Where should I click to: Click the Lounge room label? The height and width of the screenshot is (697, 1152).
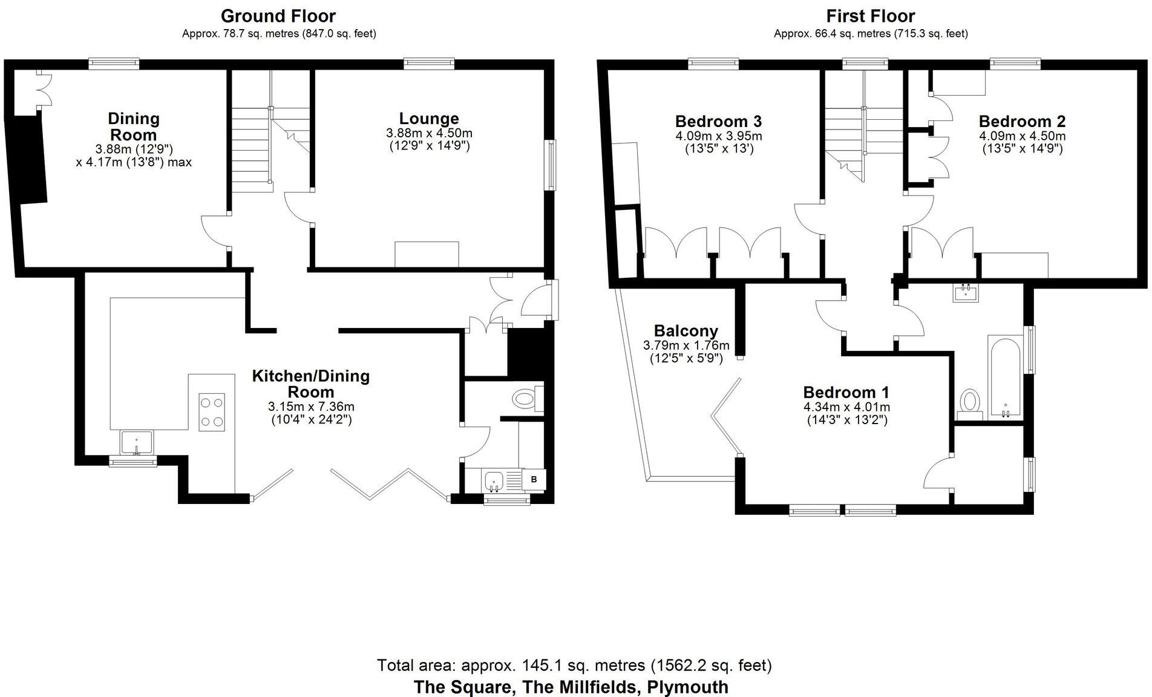pyautogui.click(x=428, y=119)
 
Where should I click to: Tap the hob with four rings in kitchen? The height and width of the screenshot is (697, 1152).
pyautogui.click(x=212, y=412)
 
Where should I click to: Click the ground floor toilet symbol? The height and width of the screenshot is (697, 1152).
pyautogui.click(x=525, y=399)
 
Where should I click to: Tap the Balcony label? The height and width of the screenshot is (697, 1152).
pyautogui.click(x=686, y=331)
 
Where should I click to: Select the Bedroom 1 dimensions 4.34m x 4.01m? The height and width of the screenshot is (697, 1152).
pyautogui.click(x=846, y=407)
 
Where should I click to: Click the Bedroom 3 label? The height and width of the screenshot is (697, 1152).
pyautogui.click(x=718, y=121)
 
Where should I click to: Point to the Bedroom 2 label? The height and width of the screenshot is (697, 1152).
pyautogui.click(x=1022, y=121)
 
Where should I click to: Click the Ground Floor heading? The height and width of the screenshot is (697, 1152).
pyautogui.click(x=278, y=16)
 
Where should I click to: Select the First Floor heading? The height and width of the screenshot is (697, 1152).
pyautogui.click(x=871, y=16)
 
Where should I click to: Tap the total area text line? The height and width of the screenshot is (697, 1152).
pyautogui.click(x=574, y=666)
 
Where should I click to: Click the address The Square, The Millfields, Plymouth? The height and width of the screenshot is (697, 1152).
pyautogui.click(x=571, y=687)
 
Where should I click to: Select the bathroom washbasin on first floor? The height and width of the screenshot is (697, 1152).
pyautogui.click(x=966, y=293)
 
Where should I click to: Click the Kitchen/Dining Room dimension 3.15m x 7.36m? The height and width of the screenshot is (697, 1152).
pyautogui.click(x=311, y=407)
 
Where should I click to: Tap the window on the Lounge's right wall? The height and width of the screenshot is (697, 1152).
pyautogui.click(x=552, y=165)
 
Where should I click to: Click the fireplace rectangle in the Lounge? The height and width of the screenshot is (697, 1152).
pyautogui.click(x=427, y=254)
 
